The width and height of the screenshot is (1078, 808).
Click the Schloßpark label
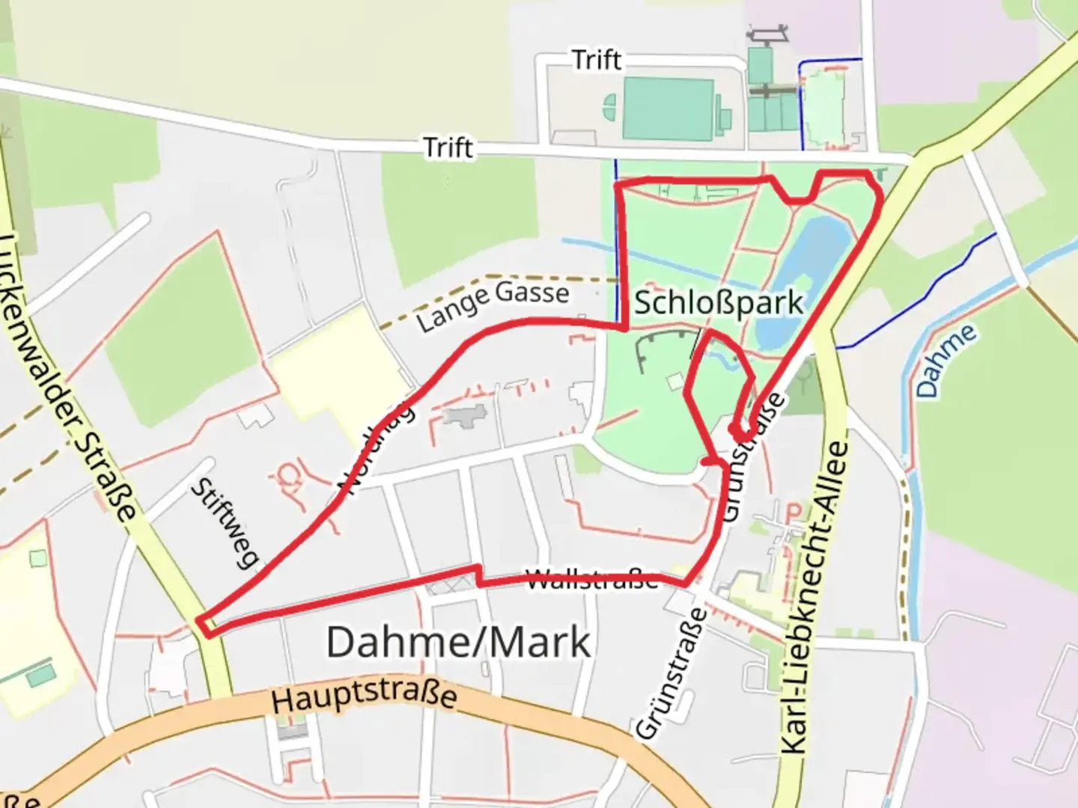(x=718, y=303)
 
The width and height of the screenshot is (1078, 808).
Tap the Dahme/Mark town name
(x=458, y=642)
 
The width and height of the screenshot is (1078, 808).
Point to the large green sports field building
(x=668, y=108)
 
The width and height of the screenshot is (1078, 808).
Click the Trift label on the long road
(x=448, y=147)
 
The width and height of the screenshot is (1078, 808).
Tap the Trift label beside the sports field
(x=597, y=60)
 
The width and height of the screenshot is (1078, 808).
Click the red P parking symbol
(x=793, y=512)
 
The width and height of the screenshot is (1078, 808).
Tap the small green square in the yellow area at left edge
(x=37, y=558)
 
